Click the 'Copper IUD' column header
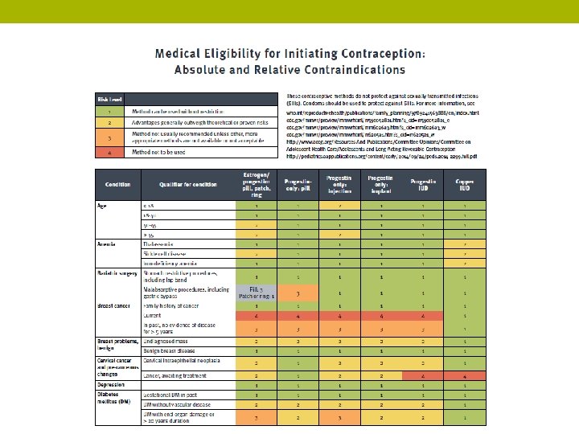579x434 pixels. tap(465, 184)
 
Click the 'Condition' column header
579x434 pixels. tap(117, 184)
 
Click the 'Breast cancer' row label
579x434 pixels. tap(113, 306)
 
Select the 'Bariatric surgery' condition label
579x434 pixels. tap(117, 274)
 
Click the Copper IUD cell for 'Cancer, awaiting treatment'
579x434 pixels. tap(465, 375)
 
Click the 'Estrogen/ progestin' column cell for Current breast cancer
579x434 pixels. tap(256, 317)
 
